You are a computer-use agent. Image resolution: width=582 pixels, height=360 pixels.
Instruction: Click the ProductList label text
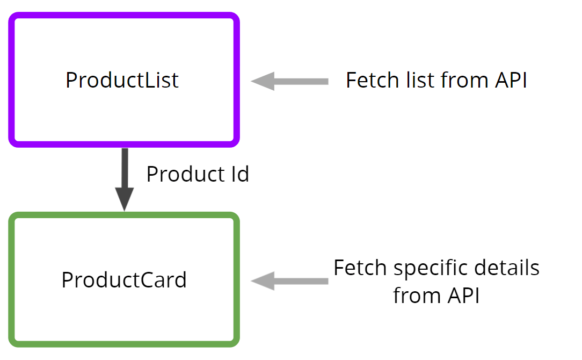click(122, 80)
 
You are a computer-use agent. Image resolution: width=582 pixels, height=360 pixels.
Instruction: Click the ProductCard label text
click(124, 280)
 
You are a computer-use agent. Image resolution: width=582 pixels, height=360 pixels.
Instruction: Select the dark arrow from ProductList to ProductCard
click(125, 172)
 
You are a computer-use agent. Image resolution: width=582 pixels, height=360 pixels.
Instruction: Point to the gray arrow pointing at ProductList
click(290, 81)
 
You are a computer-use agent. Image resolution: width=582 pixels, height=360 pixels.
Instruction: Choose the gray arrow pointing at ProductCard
click(290, 281)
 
